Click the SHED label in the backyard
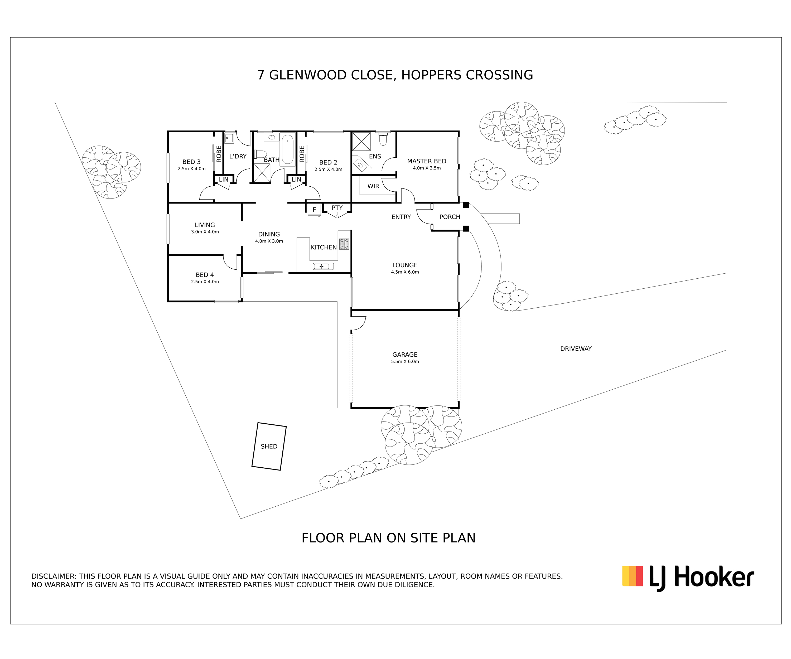tap(269, 446)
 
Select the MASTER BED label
tap(427, 161)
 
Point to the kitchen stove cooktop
tap(344, 244)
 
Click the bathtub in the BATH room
tap(287, 149)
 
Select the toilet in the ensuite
tap(383, 139)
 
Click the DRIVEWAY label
tap(576, 349)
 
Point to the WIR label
tap(373, 186)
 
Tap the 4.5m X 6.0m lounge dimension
tap(405, 272)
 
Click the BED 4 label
tap(205, 275)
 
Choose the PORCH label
tap(450, 217)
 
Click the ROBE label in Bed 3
tap(219, 154)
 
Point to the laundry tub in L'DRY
tap(229, 138)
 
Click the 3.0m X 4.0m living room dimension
tap(205, 232)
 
